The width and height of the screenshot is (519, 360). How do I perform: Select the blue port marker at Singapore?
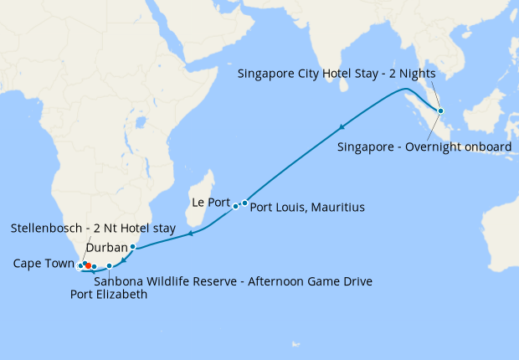[x=441, y=111]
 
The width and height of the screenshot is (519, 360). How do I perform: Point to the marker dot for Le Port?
[x=235, y=205]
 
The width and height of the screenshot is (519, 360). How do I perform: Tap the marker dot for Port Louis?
[x=244, y=203]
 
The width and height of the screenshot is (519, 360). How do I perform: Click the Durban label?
[x=106, y=247]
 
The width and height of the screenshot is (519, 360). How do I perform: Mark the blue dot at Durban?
[x=132, y=246]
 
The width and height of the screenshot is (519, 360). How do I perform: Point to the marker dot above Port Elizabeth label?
[x=109, y=265]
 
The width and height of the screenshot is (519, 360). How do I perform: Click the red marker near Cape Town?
[x=88, y=265]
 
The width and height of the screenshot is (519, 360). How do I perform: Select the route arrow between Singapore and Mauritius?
[x=342, y=127]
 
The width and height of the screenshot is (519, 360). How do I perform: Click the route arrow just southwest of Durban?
[x=124, y=260]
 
